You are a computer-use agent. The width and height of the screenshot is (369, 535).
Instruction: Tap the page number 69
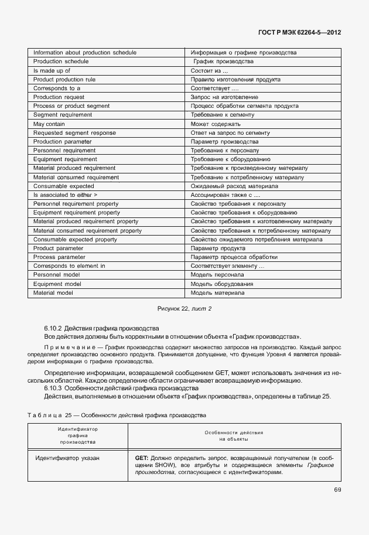(x=337, y=489)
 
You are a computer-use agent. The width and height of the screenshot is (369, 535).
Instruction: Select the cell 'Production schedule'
(x=61, y=61)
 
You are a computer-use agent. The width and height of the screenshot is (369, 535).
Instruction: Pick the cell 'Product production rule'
(x=64, y=79)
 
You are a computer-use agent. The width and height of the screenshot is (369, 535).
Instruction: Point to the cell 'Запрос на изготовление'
(x=224, y=97)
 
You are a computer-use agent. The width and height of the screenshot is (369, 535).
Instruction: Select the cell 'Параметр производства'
(x=224, y=142)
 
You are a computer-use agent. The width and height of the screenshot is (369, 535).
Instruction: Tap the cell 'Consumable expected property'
(x=75, y=240)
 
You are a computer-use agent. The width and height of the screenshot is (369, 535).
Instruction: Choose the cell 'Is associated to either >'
(x=66, y=195)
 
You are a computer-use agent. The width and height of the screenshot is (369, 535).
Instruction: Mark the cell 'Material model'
(x=53, y=293)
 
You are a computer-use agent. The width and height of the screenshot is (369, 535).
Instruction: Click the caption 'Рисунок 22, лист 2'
(x=184, y=308)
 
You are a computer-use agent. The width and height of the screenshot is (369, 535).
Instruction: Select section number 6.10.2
(x=53, y=328)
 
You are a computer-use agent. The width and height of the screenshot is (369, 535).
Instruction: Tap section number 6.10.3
(x=53, y=389)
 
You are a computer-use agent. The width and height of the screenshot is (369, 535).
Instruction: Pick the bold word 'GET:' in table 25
(x=141, y=458)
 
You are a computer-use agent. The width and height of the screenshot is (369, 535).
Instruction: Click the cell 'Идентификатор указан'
(x=67, y=458)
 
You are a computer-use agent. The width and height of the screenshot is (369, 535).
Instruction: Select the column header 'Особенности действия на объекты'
(x=234, y=435)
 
